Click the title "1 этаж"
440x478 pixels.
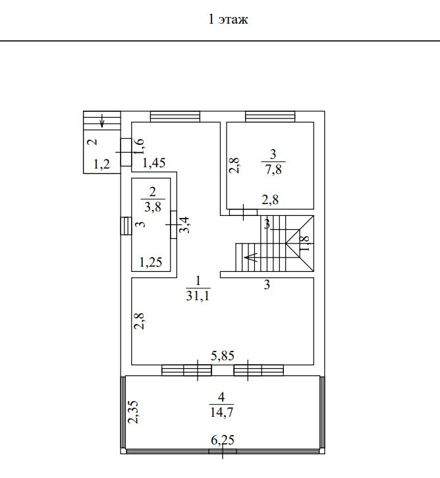click(x=228, y=20)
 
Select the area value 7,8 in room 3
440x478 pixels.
click(x=273, y=169)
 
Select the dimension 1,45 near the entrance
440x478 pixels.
click(x=153, y=163)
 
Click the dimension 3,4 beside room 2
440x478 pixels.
click(x=186, y=225)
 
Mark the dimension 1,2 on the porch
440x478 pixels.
click(x=101, y=165)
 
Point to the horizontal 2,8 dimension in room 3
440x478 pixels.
click(x=271, y=200)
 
